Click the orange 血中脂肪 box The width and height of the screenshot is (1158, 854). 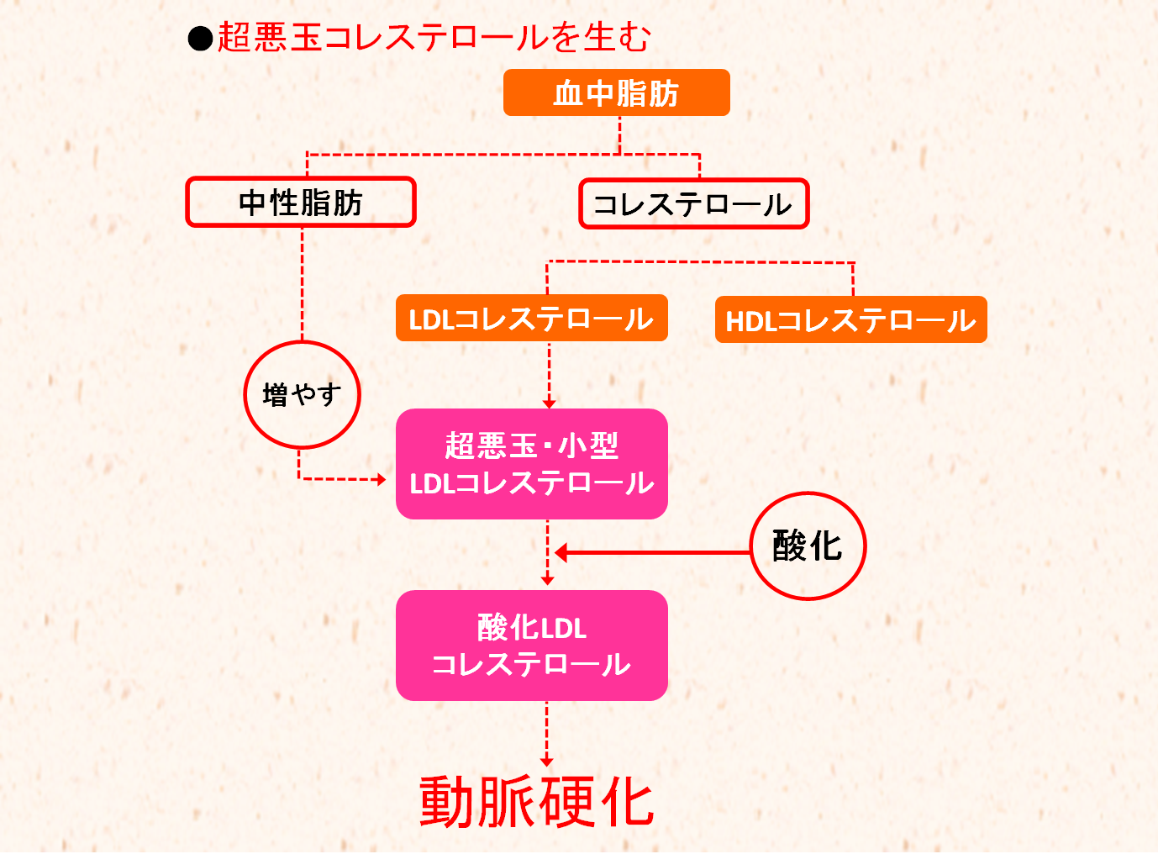coord(616,92)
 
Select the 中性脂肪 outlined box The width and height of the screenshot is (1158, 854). coord(301,202)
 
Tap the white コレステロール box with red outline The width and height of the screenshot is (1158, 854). coord(693,203)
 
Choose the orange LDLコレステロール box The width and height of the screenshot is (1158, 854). coord(531,318)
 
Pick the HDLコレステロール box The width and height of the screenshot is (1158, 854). coord(850,319)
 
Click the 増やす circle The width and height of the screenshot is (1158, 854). coord(302,394)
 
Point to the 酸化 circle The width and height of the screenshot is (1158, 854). coord(807,546)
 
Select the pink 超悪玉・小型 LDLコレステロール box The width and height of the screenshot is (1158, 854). coord(531,464)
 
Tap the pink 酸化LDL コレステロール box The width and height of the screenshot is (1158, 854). coord(531,646)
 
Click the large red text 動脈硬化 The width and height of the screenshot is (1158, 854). coord(536,802)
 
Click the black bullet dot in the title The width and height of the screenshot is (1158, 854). coord(200,39)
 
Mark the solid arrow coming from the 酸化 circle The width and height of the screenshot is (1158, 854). coord(651,552)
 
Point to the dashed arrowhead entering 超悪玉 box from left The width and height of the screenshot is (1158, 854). coord(381,479)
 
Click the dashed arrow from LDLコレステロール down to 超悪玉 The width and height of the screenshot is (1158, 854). coord(549,374)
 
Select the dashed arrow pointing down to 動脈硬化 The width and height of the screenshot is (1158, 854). coord(547,733)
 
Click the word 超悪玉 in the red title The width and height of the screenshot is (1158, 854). coord(269,37)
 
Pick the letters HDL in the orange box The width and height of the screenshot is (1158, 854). coord(750,321)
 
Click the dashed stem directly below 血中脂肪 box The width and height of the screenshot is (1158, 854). coord(619,134)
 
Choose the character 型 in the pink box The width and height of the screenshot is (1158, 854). coord(603,445)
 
